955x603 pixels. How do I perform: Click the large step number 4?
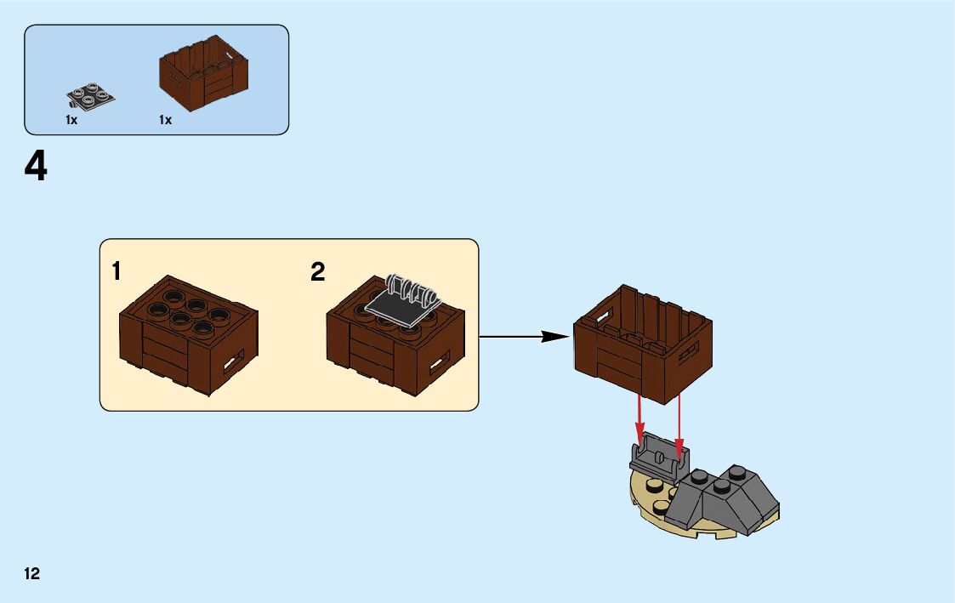(36, 168)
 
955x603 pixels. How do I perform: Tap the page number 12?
(31, 574)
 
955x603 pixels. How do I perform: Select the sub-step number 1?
(117, 272)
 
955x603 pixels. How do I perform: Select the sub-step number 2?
(317, 272)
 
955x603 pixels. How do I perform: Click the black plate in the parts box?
(90, 94)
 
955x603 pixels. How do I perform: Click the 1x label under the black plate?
(71, 121)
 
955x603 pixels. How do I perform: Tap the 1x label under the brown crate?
(165, 121)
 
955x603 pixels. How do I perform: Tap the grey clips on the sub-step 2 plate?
(411, 288)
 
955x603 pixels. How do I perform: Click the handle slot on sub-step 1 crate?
(232, 363)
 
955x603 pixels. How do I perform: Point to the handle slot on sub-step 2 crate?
(440, 364)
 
